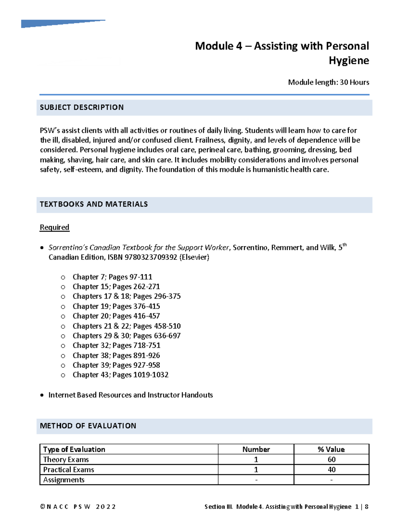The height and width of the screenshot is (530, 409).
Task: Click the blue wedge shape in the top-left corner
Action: pos(51,24)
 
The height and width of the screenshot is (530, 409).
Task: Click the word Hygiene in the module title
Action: pos(348,61)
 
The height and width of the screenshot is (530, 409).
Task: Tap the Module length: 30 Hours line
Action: pos(328,82)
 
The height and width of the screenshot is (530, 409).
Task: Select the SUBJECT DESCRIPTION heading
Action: pos(82,108)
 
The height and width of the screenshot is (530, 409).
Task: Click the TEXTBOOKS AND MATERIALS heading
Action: pos(94,204)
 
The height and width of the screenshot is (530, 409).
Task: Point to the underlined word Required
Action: pos(55,227)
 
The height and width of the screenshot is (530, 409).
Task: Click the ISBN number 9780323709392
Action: pos(151,257)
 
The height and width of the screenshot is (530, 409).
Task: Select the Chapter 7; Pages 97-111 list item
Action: pos(112,277)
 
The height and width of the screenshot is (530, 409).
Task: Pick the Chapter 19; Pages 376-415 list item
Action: pos(116,306)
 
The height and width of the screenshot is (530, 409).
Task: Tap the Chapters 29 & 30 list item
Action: pos(126,336)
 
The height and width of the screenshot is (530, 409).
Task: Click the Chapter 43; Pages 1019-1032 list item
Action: pos(120,375)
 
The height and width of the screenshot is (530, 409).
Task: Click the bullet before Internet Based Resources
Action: pos(42,395)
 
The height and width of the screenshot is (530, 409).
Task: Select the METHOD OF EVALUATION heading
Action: pos(88,426)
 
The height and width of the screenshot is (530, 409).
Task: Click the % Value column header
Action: pos(331,449)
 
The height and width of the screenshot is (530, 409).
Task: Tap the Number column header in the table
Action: pos(256,449)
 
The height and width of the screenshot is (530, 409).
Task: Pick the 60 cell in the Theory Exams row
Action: pos(331,460)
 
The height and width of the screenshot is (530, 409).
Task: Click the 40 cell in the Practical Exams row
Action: pos(331,470)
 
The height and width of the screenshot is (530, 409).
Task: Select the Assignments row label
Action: pos(64,480)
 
